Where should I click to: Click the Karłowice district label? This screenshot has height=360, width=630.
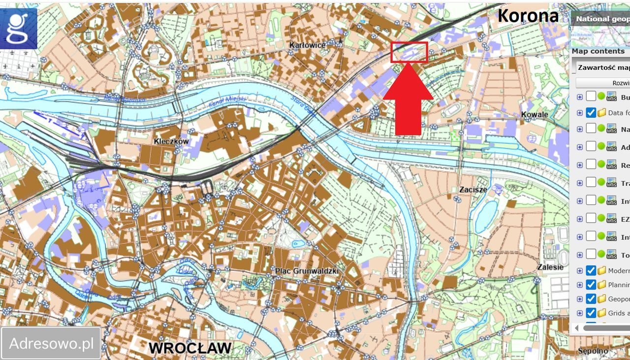[307, 45]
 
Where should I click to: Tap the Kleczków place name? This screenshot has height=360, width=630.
[171, 141]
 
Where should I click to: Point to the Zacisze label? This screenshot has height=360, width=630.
[473, 189]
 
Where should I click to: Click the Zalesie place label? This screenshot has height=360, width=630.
[550, 267]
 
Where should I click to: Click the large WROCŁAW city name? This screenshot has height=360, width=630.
[190, 348]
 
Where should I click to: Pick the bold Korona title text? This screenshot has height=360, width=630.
[528, 16]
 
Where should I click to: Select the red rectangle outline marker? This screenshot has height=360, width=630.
[409, 52]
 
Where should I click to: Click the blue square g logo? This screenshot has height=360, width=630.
[19, 29]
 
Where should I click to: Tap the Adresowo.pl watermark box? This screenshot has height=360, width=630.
[51, 343]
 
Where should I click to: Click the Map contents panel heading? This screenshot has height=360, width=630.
[598, 51]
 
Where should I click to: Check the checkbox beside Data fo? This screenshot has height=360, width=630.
[591, 113]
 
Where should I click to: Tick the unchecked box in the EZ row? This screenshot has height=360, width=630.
[591, 218]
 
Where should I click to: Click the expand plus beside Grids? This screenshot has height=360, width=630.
[580, 313]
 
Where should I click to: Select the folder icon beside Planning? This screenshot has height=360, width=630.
[601, 285]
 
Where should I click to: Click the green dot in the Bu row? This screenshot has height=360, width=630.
[601, 97]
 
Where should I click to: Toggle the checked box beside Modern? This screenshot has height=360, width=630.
[591, 270]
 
